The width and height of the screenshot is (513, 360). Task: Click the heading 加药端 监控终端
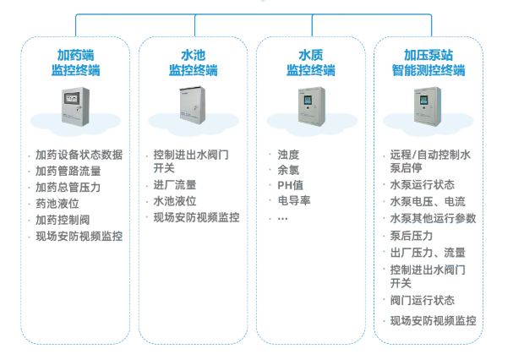coord(74,63)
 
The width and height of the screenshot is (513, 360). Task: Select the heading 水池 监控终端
coord(193,63)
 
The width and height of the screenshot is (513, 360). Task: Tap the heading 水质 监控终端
coord(310,63)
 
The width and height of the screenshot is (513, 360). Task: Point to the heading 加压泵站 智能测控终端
coord(428,63)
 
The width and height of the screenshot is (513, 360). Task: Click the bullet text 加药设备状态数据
coord(79,155)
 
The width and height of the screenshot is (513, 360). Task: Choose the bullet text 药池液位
coord(57,204)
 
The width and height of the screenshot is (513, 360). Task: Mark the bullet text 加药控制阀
coord(63,220)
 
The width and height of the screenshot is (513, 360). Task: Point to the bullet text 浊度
coord(289,155)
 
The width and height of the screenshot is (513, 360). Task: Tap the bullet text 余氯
coord(289,170)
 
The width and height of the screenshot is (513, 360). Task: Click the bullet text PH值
coord(289,185)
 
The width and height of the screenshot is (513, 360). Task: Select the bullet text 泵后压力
coord(412,236)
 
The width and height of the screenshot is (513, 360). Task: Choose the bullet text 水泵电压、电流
coord(428,202)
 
